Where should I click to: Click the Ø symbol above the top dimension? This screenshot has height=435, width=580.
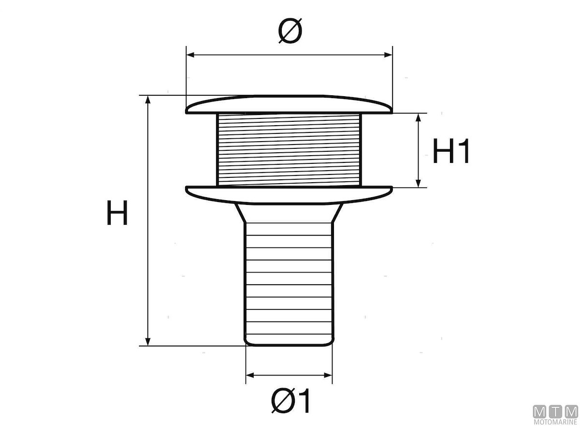click(x=290, y=30)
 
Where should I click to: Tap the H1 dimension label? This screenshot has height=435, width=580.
click(x=451, y=151)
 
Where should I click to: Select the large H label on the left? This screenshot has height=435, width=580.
click(x=117, y=213)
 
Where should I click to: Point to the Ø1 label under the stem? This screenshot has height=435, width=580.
click(x=290, y=400)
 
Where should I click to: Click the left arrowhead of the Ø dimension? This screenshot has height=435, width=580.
click(x=190, y=55)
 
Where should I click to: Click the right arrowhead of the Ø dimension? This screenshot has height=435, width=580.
click(x=388, y=55)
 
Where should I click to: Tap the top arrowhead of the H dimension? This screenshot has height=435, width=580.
click(x=148, y=100)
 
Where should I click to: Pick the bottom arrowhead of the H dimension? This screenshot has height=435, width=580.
click(x=148, y=342)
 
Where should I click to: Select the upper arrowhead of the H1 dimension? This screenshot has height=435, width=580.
click(x=418, y=117)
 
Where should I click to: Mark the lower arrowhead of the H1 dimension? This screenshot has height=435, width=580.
click(x=418, y=183)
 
